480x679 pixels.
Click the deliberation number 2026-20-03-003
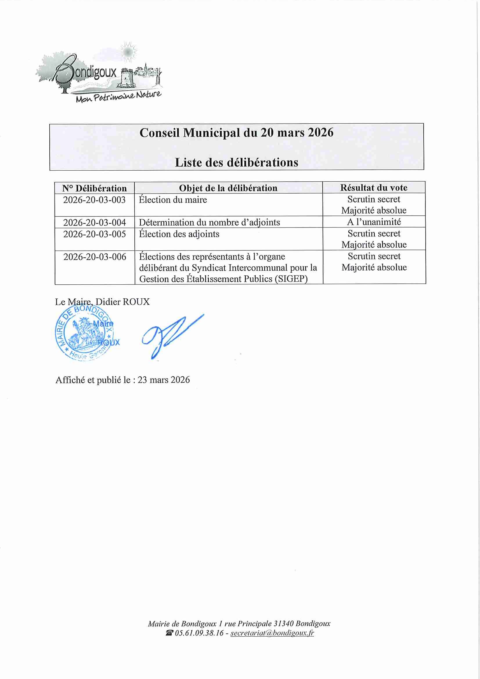click(94, 200)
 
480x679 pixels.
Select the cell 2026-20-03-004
click(94, 222)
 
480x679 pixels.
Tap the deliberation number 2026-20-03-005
click(94, 234)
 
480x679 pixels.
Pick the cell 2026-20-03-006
click(95, 257)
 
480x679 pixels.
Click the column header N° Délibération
click(94, 188)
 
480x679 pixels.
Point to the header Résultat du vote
click(374, 187)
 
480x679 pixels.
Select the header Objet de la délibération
click(228, 188)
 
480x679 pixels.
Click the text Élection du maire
click(173, 200)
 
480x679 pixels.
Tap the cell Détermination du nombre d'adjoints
click(210, 222)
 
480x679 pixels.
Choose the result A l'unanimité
click(374, 222)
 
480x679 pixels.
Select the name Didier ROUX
click(123, 302)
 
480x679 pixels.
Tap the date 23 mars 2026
click(164, 380)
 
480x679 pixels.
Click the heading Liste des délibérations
click(236, 162)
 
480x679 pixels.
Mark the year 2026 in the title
click(321, 133)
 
